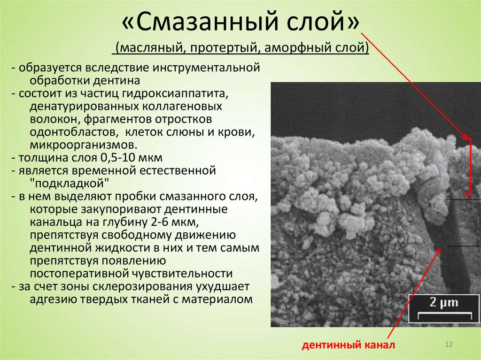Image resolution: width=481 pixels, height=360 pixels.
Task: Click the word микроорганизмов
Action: coord(85,145)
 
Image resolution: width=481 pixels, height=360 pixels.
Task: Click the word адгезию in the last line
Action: coord(52,299)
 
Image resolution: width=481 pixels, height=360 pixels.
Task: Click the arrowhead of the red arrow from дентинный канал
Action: coord(440,249)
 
